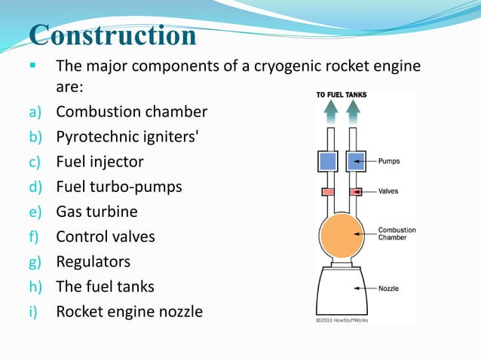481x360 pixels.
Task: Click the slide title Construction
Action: point(113,35)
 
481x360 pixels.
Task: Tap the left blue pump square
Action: point(328,161)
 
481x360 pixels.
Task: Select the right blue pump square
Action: point(355,161)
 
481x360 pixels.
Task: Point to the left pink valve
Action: point(328,192)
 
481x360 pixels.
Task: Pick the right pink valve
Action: point(355,192)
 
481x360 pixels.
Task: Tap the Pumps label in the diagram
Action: point(389,161)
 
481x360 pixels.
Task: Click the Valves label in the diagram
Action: point(389,192)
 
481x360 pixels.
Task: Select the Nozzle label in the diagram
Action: point(389,288)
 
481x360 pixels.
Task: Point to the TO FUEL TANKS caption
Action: point(342,95)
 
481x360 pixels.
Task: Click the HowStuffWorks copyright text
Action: point(348,319)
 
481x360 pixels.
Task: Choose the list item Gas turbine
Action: point(97,212)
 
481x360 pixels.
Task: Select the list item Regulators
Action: point(93,261)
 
